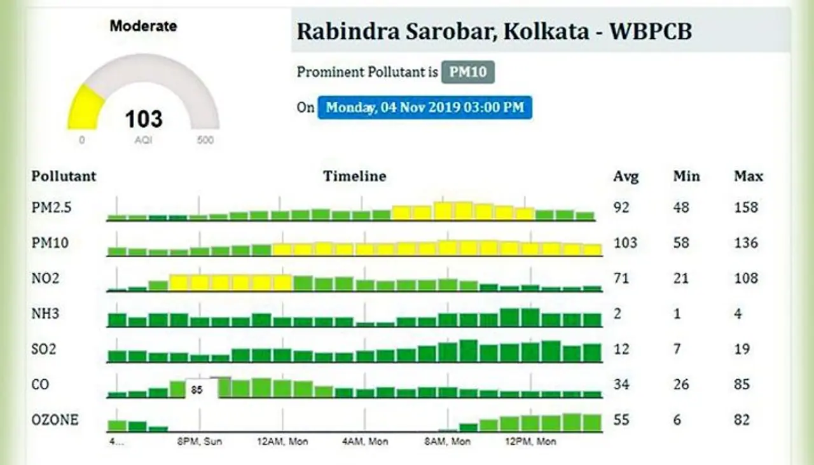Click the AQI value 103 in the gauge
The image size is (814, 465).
coord(143,119)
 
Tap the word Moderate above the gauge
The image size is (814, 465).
coord(143,27)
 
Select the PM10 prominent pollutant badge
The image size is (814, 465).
coord(468,72)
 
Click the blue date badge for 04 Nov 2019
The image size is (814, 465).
coord(425,107)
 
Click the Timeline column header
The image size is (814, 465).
coord(354,176)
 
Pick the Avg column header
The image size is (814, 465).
coord(626,176)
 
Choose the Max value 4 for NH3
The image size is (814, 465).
coord(738,314)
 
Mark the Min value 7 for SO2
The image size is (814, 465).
coord(677,349)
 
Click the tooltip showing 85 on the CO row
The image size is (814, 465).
coord(198,389)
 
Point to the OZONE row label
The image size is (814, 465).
coord(55,420)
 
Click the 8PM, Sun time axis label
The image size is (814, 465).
coord(199,441)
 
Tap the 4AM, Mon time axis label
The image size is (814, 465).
coord(364,441)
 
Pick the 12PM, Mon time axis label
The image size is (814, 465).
coord(530,441)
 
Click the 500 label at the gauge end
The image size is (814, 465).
coord(205,140)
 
